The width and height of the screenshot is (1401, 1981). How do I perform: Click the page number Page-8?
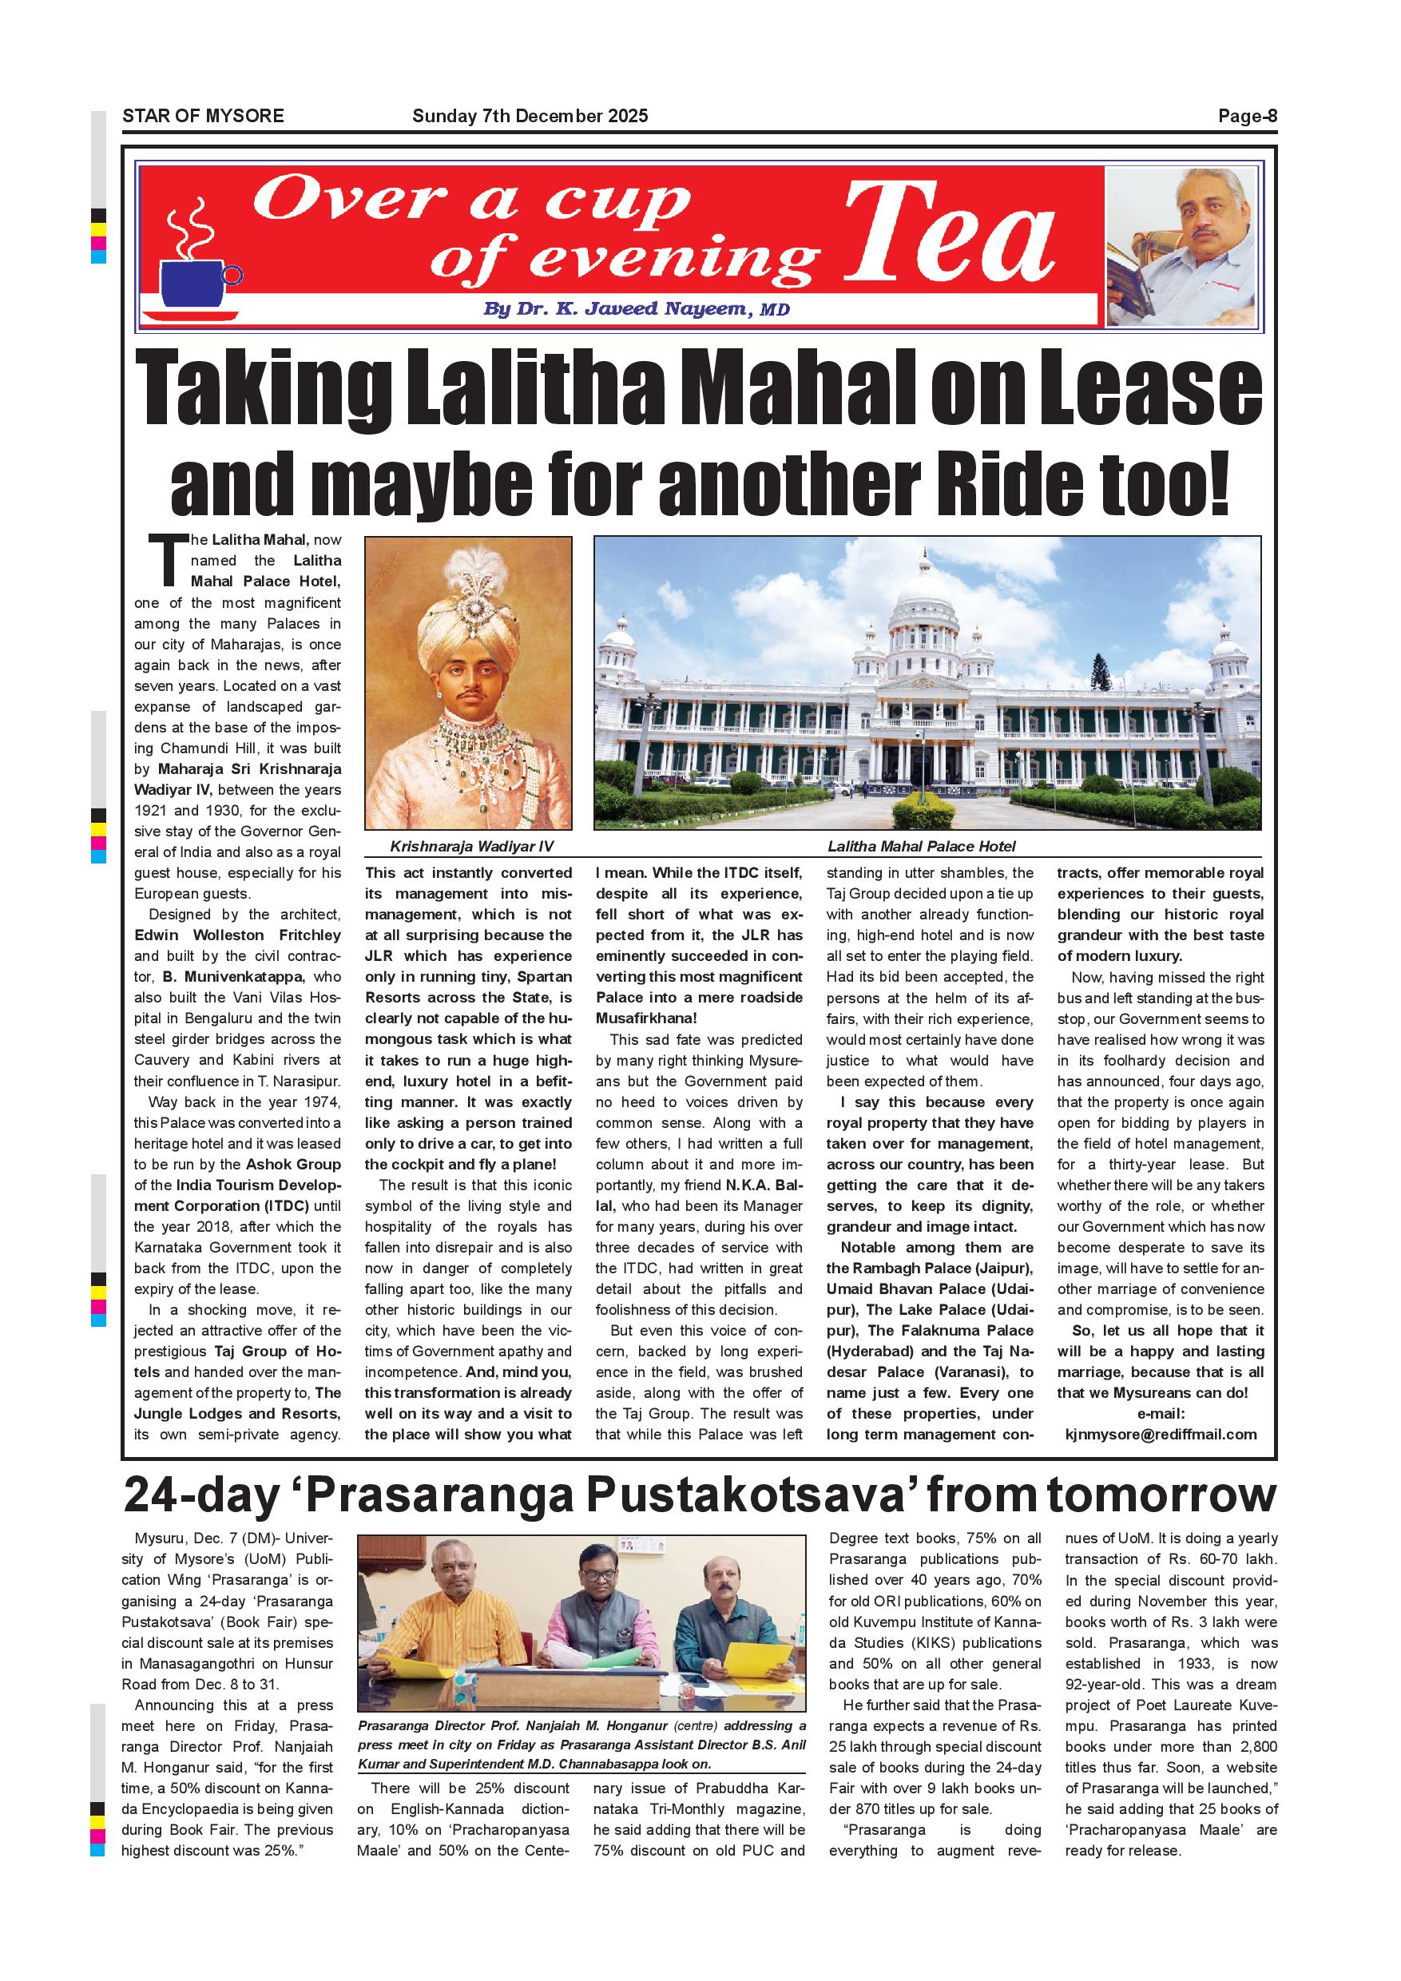[x=1247, y=117]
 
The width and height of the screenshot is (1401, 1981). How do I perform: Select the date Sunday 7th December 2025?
[x=530, y=117]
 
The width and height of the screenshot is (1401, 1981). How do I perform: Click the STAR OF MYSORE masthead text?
[x=204, y=117]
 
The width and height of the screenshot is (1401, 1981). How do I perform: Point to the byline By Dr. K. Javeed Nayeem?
[x=636, y=309]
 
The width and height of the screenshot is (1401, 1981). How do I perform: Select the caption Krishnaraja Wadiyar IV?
[x=471, y=847]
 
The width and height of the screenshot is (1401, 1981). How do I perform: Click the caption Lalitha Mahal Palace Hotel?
[x=921, y=847]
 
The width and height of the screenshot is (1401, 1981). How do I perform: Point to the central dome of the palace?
[x=924, y=604]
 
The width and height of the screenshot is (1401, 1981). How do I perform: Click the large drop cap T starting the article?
[x=170, y=560]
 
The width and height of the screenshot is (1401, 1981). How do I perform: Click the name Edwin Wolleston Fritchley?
[x=237, y=935]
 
